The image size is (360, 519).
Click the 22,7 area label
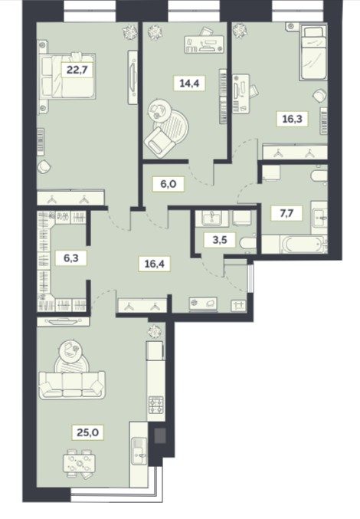78,71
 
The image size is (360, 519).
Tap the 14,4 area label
189,83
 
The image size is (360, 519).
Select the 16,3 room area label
292,118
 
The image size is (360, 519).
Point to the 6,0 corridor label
168,184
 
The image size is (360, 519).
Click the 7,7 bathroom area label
286,213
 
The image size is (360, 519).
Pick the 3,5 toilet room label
220,240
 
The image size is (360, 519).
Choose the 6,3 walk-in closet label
71,257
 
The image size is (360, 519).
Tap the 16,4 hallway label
155,264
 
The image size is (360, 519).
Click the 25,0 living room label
87,432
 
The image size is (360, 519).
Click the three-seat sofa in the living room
72,385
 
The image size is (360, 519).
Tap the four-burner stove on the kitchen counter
155,405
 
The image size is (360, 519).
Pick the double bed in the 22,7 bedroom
68,76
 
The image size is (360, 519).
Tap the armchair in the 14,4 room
159,143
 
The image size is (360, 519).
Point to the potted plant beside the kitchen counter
154,331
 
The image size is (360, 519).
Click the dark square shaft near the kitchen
160,435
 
